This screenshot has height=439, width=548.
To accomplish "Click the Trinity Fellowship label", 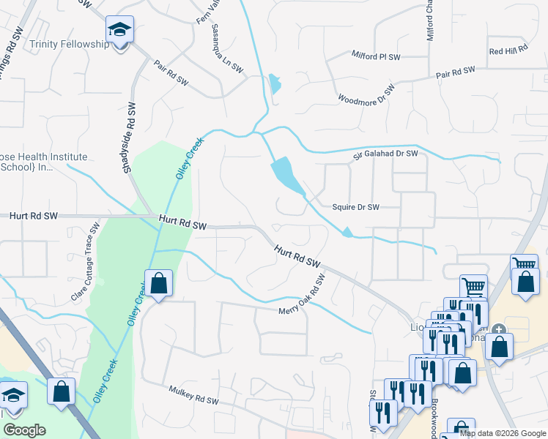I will pos(69,44).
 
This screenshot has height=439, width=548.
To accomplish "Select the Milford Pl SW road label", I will pos(376,56).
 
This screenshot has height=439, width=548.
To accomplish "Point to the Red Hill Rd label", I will pos(508,50).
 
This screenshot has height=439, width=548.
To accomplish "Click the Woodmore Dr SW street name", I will pos(366,94).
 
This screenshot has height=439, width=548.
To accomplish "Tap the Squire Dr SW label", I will pos(355,207).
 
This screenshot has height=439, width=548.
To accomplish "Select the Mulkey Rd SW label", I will pos(193,396).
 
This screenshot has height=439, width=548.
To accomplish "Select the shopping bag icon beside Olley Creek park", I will pos(158,284).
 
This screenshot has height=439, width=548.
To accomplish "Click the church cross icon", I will pos(499,331).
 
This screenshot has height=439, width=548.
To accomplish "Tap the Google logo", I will pos(24,431).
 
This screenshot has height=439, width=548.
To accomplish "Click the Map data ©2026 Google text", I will pos(503,433).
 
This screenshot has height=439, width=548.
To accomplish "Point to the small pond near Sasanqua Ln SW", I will pos(275,83).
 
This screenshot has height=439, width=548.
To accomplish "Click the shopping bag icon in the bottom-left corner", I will pos(61,391).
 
